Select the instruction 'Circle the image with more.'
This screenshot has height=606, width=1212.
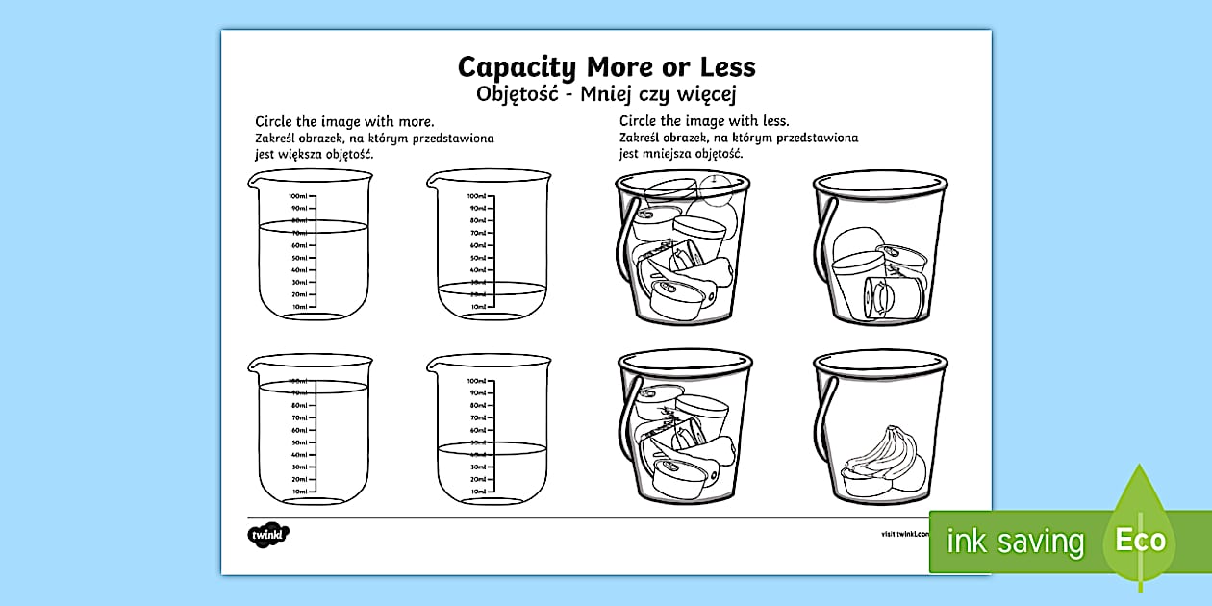click(343, 122)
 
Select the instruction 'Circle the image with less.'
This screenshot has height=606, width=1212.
click(704, 121)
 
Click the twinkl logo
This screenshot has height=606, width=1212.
click(268, 534)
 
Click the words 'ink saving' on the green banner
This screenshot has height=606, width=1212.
click(1015, 542)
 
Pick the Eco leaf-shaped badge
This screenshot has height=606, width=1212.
click(1140, 534)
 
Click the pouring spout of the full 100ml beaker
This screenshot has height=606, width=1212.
click(254, 363)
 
